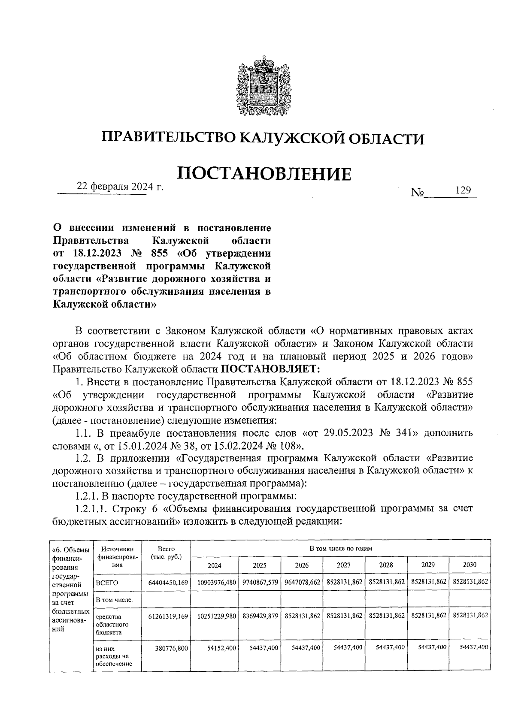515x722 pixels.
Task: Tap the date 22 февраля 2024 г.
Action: point(120,187)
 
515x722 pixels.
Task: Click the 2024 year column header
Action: point(215,565)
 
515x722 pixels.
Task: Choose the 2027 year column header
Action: point(343,565)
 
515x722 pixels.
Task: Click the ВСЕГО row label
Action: point(107,583)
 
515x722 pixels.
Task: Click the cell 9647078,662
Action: point(303,583)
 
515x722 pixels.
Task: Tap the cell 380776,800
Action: point(172,648)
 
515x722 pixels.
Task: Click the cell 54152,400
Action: point(221,648)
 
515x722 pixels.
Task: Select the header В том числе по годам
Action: point(341,548)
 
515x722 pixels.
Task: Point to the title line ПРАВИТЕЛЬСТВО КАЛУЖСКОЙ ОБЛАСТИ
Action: point(263,138)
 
